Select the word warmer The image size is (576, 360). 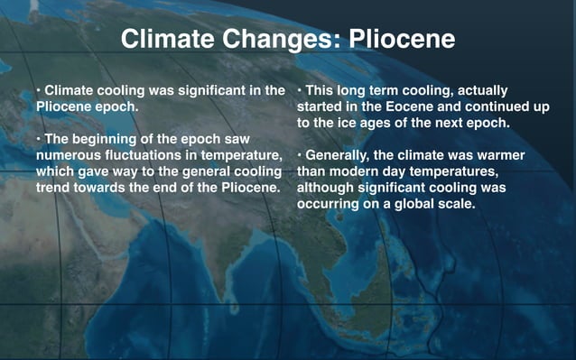tap(497, 155)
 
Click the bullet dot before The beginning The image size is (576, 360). tap(39, 139)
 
